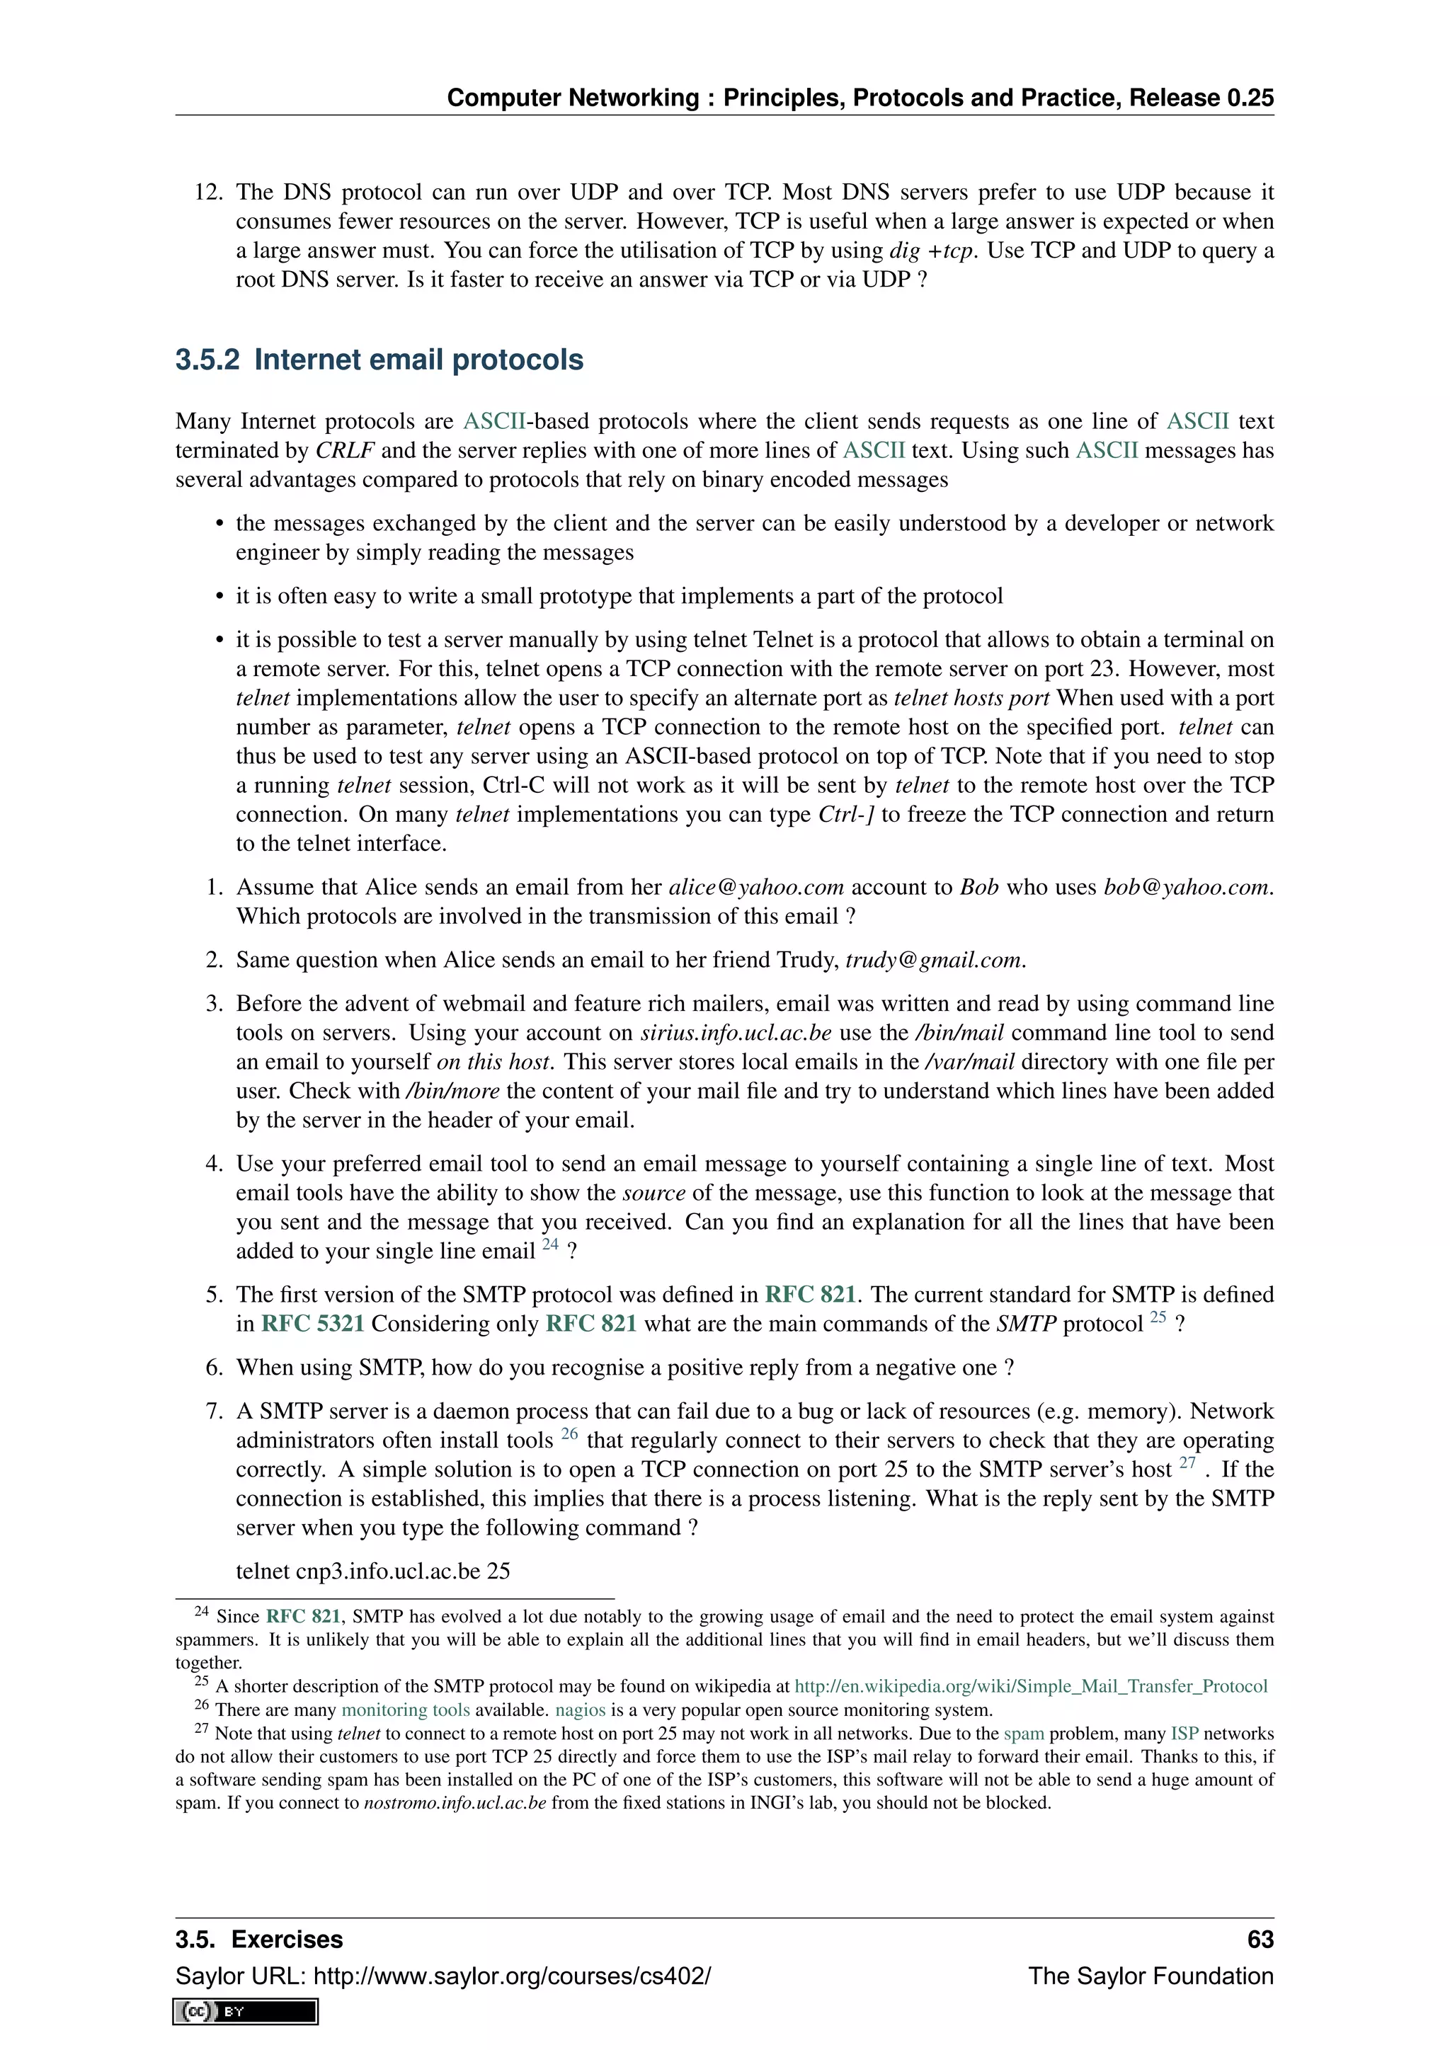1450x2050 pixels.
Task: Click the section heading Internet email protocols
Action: point(379,360)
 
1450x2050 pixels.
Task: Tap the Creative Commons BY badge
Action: point(246,2011)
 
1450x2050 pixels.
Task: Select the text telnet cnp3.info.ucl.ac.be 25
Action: point(372,1571)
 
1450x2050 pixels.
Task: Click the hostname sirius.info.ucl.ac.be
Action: point(736,1033)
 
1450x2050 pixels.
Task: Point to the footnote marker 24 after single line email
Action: point(550,1244)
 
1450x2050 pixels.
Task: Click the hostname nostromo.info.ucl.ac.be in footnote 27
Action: point(455,1803)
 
